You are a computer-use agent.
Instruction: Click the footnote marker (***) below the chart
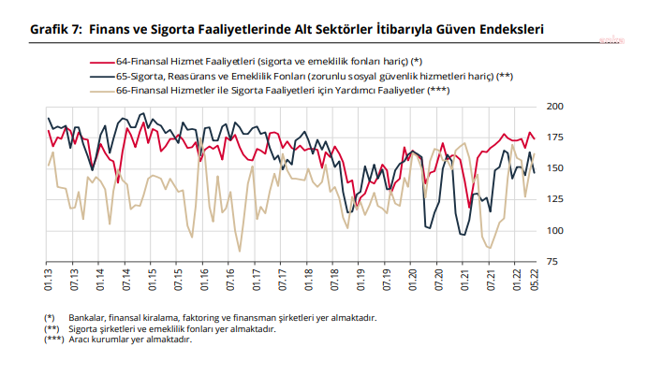point(52,339)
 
